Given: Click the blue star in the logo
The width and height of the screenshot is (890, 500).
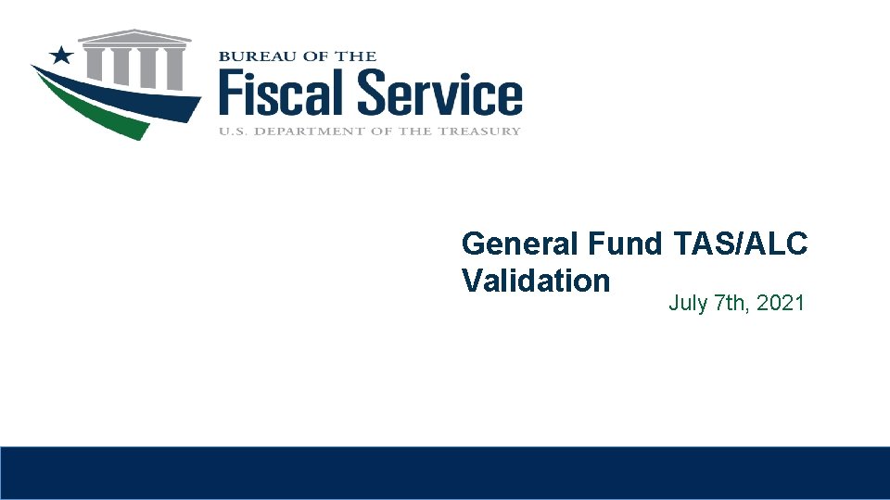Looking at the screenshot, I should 62,55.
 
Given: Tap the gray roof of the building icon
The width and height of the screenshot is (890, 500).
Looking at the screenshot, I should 135,37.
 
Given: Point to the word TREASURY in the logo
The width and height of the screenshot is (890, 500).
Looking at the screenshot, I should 482,131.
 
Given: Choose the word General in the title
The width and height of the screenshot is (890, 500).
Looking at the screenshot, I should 520,244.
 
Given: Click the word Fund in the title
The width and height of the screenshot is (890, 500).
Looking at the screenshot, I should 625,244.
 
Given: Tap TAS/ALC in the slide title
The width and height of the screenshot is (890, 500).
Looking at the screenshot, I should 741,244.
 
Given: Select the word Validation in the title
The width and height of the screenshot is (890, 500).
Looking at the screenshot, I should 536,281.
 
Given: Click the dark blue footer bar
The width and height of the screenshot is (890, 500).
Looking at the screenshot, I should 445,473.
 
